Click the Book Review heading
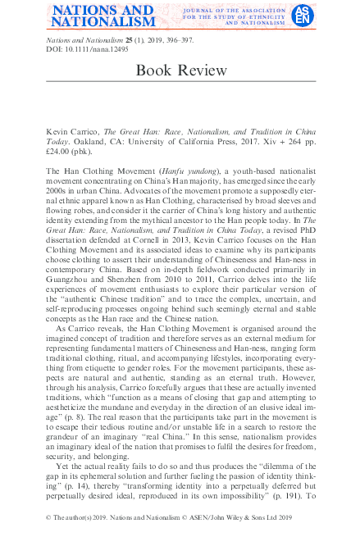tap(180, 71)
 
